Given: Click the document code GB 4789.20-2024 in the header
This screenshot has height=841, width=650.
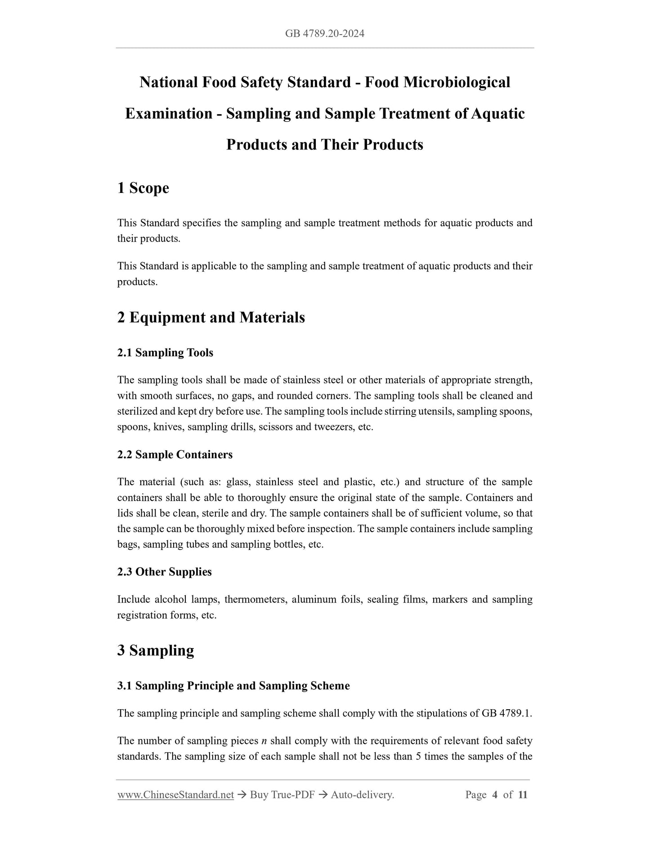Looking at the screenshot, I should pyautogui.click(x=324, y=33).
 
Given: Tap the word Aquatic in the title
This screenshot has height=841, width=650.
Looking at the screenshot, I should pyautogui.click(x=498, y=113).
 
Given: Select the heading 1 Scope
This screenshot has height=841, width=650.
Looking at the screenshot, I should pyautogui.click(x=143, y=188).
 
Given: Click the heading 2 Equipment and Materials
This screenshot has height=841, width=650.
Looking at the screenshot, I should pyautogui.click(x=211, y=318).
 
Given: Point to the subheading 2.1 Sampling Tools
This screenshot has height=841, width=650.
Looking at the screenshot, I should pyautogui.click(x=165, y=353).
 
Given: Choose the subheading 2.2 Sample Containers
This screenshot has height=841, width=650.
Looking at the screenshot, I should pyautogui.click(x=175, y=455).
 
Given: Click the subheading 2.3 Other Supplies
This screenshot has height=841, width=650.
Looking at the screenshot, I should pyautogui.click(x=164, y=572).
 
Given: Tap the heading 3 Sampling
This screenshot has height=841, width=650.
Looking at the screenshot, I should pyautogui.click(x=156, y=651).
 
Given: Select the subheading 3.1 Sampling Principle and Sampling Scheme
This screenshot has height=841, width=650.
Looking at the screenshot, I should pyautogui.click(x=233, y=686).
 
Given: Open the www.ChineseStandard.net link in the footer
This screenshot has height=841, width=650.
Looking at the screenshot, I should pyautogui.click(x=175, y=795).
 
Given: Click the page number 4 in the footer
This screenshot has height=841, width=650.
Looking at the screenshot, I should pyautogui.click(x=495, y=795).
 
